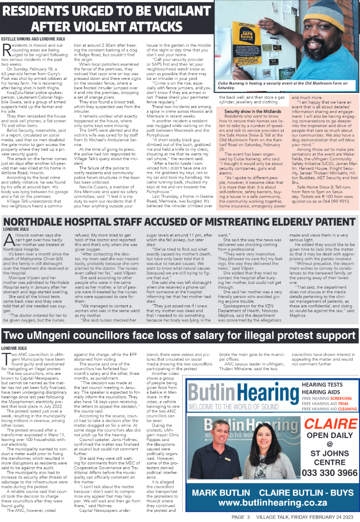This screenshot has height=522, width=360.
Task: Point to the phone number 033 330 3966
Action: click(327, 472)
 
